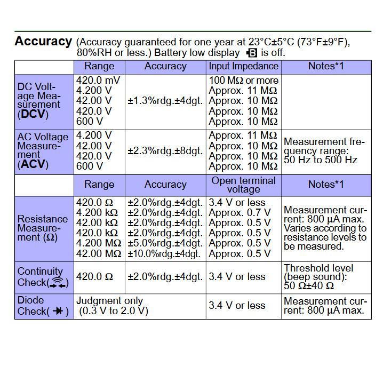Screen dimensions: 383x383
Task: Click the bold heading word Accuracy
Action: tap(43, 41)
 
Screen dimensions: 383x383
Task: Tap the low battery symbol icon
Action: tap(251, 53)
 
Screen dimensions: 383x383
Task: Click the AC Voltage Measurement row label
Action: tap(39, 150)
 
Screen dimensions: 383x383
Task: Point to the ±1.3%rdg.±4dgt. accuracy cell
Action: tap(165, 100)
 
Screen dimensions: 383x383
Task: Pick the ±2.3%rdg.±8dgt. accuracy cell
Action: tap(165, 151)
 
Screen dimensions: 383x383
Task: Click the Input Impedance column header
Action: tap(244, 66)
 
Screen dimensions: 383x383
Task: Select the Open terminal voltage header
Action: tap(244, 185)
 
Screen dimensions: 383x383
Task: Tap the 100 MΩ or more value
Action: tap(244, 81)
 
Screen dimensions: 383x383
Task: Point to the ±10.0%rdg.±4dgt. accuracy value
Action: tap(164, 254)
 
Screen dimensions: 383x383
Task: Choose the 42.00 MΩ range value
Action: tap(99, 254)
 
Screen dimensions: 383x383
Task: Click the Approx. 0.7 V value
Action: tap(240, 213)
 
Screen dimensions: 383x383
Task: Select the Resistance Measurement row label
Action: tap(43, 228)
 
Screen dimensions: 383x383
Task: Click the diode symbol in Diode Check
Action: tap(59, 312)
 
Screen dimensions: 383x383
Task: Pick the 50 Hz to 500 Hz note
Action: tap(321, 159)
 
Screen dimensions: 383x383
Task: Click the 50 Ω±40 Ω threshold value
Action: tap(309, 285)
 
